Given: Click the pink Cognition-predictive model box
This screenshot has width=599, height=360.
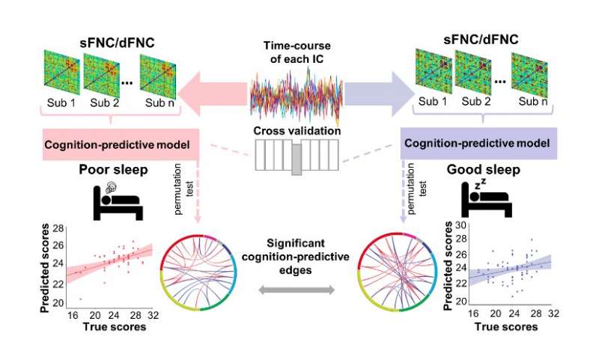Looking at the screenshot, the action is (121, 144).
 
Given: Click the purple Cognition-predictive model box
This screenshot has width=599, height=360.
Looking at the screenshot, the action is (478, 143).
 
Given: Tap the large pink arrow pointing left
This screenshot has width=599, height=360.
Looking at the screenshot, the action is (214, 94).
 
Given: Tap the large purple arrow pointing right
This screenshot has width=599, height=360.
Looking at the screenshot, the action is (379, 94).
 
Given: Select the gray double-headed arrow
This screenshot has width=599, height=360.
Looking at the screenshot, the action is (297, 290).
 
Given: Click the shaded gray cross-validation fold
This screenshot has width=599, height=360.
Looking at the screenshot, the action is (297, 159).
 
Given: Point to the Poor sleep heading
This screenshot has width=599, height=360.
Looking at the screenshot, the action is (114, 169).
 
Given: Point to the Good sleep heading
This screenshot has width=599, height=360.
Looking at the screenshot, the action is (484, 169).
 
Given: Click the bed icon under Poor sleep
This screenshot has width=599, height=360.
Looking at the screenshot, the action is (118, 201).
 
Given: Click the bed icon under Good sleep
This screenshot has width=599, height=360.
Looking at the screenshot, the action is (486, 198).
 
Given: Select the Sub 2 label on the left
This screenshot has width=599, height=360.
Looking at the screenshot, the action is (105, 103).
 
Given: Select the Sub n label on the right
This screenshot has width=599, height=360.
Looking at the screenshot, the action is (533, 102).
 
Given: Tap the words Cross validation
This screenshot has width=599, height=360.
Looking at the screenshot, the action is (297, 130).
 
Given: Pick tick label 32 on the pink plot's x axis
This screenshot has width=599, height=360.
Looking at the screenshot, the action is (153, 315).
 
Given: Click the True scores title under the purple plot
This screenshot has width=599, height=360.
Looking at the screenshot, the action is (506, 327).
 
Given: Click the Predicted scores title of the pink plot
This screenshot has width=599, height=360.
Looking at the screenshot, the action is (45, 269).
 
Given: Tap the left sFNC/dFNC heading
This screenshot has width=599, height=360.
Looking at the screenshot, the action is (118, 43).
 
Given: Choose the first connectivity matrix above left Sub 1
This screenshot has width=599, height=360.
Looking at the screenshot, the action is (61, 72).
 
